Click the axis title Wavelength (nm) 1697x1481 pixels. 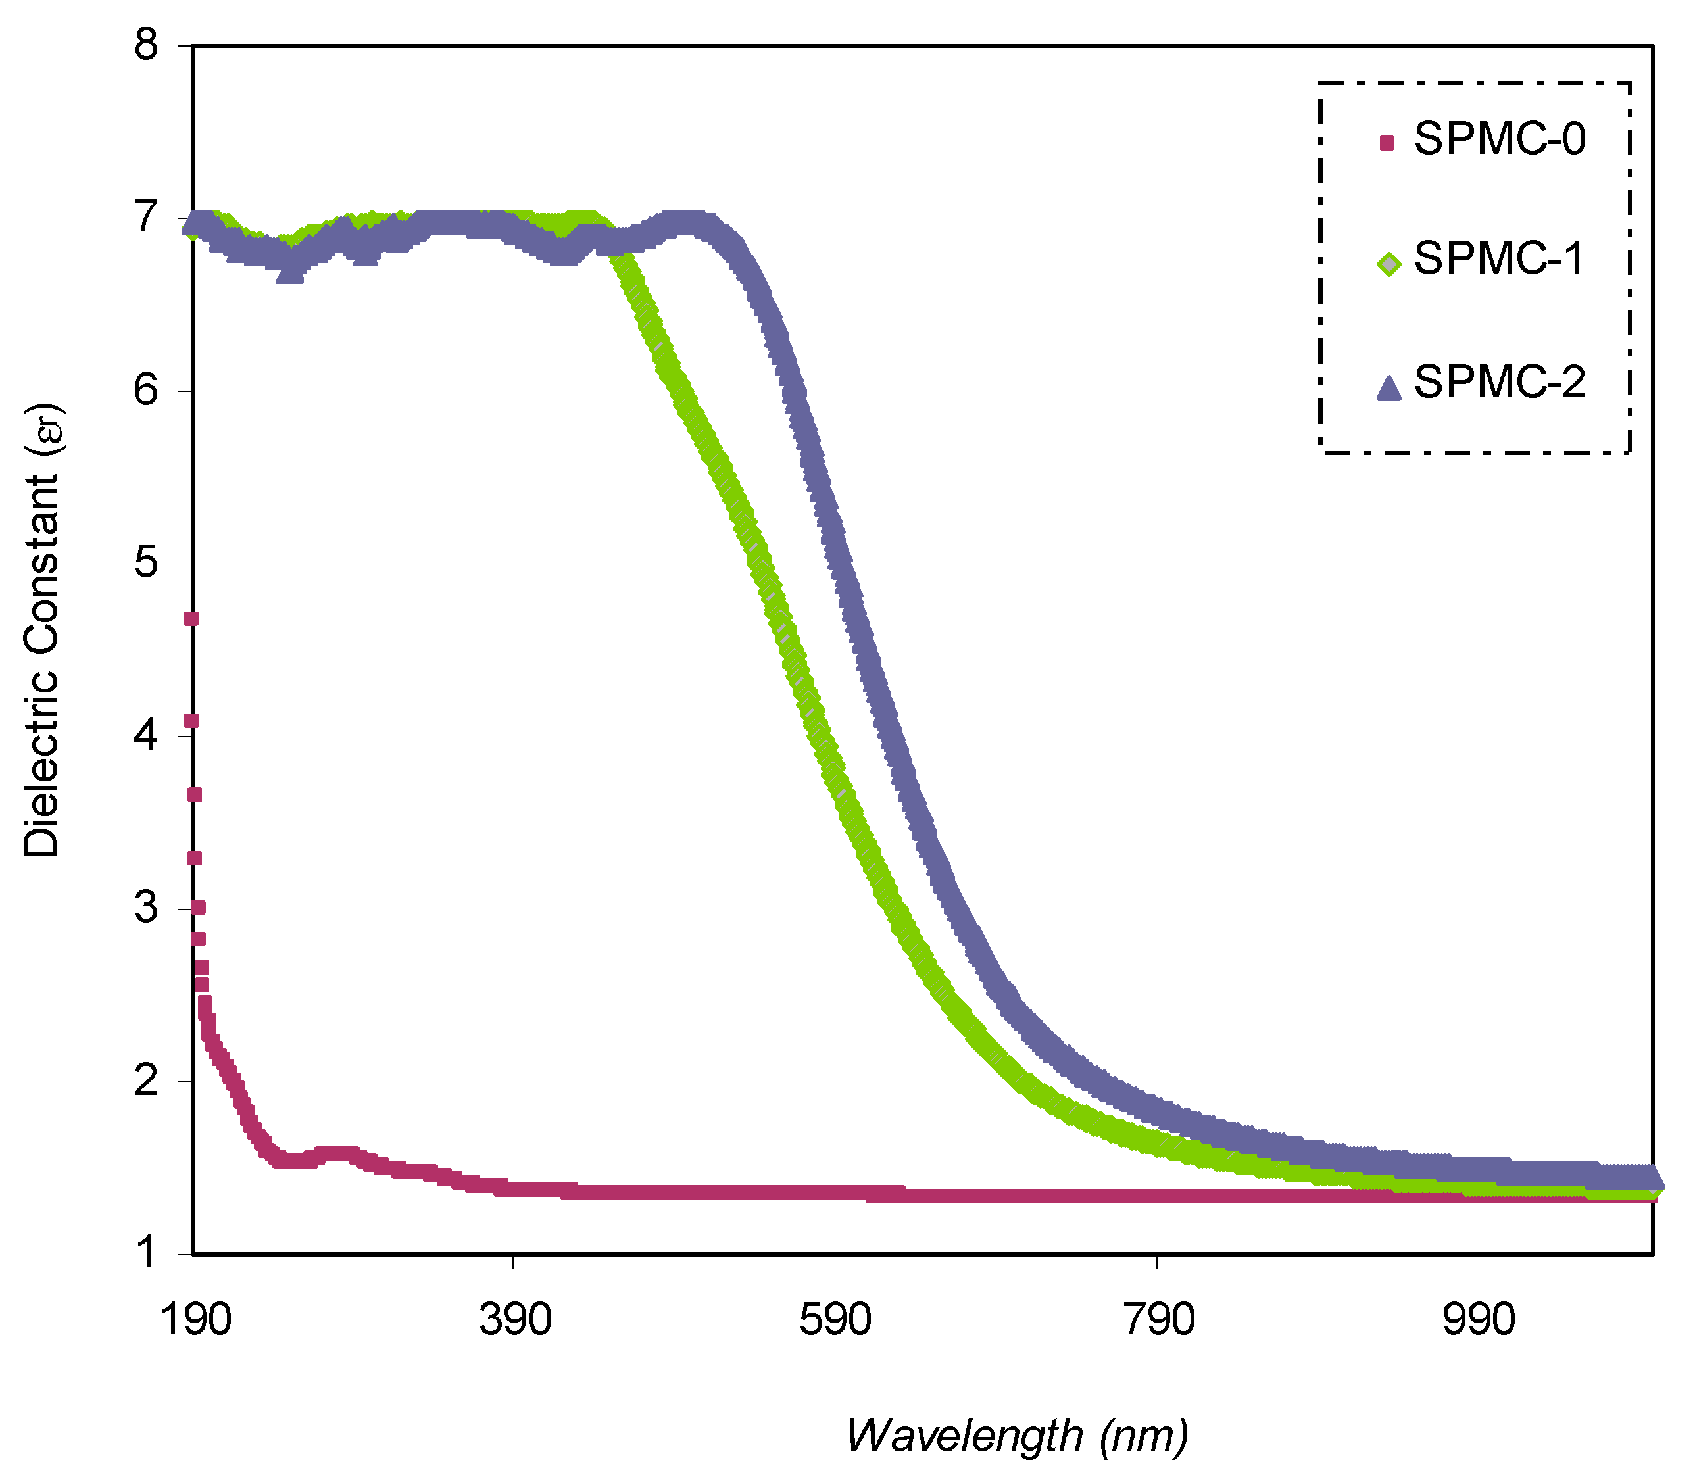(x=1018, y=1436)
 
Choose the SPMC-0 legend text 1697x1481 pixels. (x=1500, y=139)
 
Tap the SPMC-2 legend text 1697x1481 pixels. (x=1500, y=382)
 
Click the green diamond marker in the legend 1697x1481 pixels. (x=1389, y=264)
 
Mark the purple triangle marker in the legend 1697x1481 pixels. (x=1389, y=387)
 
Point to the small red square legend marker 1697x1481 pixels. (x=1387, y=143)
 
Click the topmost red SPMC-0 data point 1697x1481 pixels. (x=191, y=619)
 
